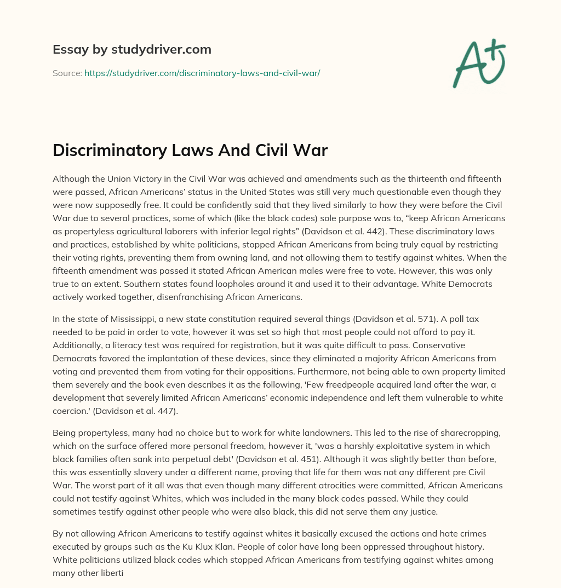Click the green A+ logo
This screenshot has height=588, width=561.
coord(479,61)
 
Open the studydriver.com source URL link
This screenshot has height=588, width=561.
coord(202,73)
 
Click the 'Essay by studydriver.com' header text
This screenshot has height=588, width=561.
coord(131,49)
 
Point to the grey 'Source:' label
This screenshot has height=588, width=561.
coord(67,73)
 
